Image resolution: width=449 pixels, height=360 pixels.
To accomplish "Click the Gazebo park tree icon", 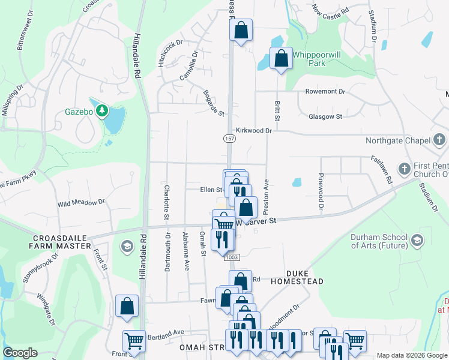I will click(x=102, y=110).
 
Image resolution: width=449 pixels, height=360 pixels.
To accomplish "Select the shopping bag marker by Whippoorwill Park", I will click(x=281, y=59).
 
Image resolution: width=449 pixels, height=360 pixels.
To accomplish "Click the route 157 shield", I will click(x=231, y=139).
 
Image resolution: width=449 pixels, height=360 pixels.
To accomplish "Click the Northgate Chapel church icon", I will click(x=439, y=141).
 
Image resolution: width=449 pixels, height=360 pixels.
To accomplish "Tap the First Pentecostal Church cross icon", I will click(x=405, y=169).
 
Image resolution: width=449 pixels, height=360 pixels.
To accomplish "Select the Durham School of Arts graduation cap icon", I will click(x=417, y=240).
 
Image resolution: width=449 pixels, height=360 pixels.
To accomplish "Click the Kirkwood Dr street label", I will click(x=254, y=130).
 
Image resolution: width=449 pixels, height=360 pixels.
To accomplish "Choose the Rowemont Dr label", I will click(x=325, y=92).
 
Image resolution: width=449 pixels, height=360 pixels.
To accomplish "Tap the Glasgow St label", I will click(x=325, y=117).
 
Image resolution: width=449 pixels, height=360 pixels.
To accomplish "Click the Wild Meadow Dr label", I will click(x=81, y=203).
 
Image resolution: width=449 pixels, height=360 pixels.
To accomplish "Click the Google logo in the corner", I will click(x=20, y=353).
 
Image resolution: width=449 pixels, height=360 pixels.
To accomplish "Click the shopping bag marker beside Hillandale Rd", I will click(x=127, y=306).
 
